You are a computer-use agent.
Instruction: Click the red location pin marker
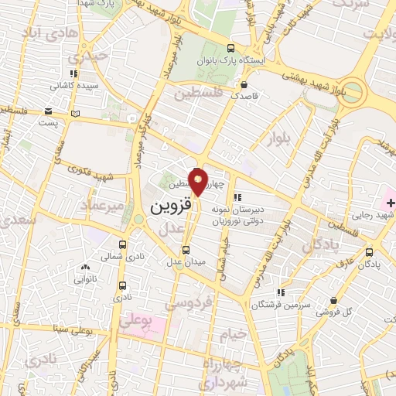pyautogui.click(x=199, y=183)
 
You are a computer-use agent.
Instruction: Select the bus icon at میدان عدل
pyautogui.click(x=185, y=249)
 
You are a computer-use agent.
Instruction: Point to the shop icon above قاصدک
pyautogui.click(x=244, y=85)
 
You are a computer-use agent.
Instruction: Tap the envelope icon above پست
pyautogui.click(x=49, y=111)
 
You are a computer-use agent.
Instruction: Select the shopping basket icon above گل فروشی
pyautogui.click(x=333, y=300)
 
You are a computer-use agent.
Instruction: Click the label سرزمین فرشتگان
pyautogui.click(x=281, y=305)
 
